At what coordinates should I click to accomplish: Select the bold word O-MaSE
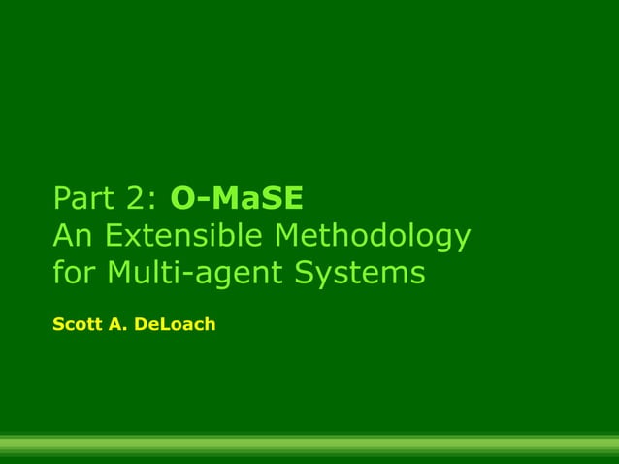pyautogui.click(x=237, y=199)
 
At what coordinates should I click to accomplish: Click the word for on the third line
pyautogui.click(x=75, y=273)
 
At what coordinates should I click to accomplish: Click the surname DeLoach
pyautogui.click(x=175, y=324)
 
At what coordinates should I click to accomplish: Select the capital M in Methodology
pyautogui.click(x=293, y=236)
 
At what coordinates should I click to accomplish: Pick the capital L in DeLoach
pyautogui.click(x=161, y=324)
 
